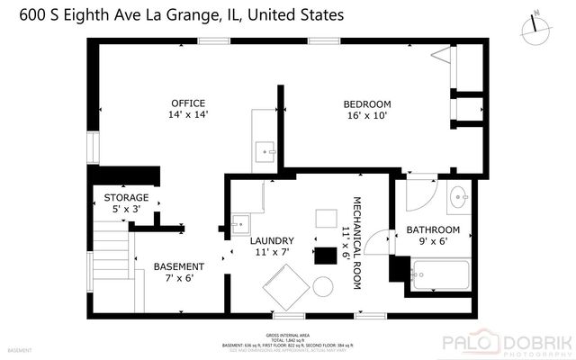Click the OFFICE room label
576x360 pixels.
coord(187,103)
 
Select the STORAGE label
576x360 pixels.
coord(126,197)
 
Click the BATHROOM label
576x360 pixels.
coord(427,229)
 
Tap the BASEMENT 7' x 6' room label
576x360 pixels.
coord(178,266)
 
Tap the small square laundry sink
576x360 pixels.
coord(240,220)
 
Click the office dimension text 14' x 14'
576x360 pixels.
coord(187,114)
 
